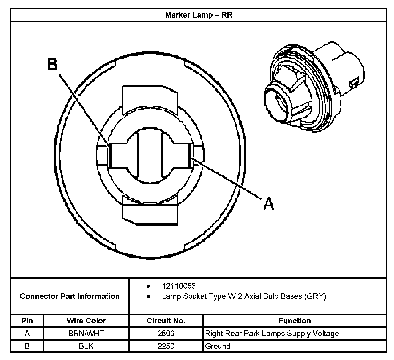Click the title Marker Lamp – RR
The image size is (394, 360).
point(199,15)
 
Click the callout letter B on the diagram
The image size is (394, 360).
point(52,64)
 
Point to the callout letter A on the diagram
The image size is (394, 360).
point(269,204)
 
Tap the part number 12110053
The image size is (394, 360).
point(179,286)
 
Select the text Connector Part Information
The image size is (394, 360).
point(70,296)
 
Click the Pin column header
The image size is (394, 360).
point(27,321)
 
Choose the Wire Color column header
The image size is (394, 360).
point(86,321)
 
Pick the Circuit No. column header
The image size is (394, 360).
point(166,321)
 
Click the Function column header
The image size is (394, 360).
point(295,321)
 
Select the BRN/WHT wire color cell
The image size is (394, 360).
point(86,334)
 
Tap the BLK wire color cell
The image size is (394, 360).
point(86,346)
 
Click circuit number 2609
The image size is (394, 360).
point(166,334)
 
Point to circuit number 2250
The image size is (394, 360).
point(166,346)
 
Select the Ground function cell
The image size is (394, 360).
point(218,346)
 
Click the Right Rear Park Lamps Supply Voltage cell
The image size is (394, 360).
point(272,334)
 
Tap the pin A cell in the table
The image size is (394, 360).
point(27,334)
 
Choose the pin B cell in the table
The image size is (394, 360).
point(27,346)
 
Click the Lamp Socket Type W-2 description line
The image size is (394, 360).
point(244,296)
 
